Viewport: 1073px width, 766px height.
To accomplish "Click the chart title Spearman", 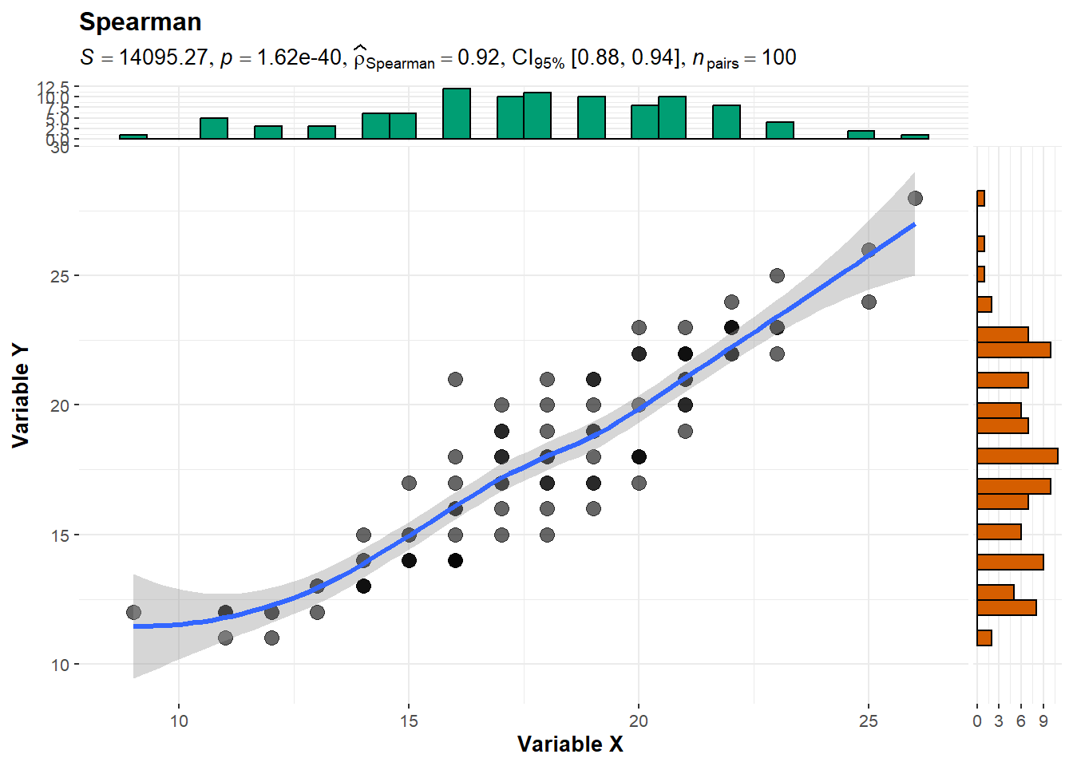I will coord(140,22).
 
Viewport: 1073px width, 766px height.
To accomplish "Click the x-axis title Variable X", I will coord(569,744).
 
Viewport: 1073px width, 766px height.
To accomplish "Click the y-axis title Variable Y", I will coord(21,395).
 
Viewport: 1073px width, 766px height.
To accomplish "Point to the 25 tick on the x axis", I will coord(868,721).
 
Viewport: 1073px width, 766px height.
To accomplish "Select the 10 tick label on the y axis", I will coord(60,665).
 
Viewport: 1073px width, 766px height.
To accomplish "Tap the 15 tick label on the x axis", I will coord(408,721).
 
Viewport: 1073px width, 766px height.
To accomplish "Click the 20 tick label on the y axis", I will coord(60,405).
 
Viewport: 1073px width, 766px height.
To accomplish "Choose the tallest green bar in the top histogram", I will coord(457,114).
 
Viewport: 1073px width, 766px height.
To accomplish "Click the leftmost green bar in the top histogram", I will coord(133,136).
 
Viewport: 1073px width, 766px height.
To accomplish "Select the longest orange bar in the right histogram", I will coord(1017,456).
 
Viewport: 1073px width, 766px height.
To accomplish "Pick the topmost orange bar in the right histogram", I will coord(981,199).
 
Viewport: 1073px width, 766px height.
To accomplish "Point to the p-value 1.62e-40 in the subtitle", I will coord(299,58).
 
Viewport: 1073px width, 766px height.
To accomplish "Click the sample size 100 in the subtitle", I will coord(778,58).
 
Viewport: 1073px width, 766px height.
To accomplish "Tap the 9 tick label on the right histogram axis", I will coord(1043,721).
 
